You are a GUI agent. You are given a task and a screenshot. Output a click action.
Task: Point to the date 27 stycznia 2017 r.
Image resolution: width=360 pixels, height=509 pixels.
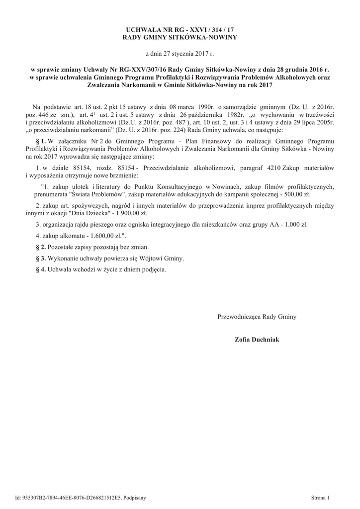pyautogui.click(x=180, y=53)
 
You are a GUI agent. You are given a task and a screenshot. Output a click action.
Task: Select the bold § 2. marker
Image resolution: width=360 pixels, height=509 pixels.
pyautogui.click(x=41, y=248)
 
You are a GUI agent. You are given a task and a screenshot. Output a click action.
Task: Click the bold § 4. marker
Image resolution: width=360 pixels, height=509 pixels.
pyautogui.click(x=41, y=270)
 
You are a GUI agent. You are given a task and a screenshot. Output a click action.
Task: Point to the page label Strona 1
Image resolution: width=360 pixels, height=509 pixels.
pyautogui.click(x=320, y=498)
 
